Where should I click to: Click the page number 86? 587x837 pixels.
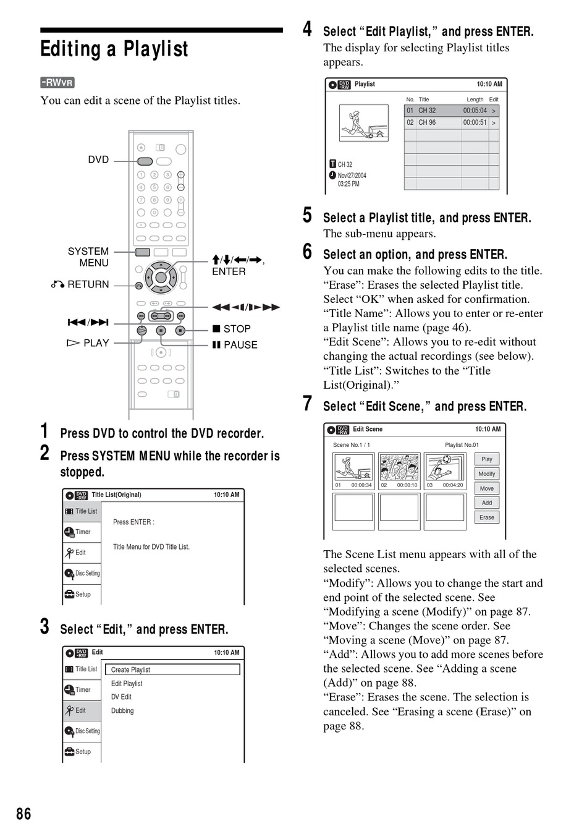(x=23, y=814)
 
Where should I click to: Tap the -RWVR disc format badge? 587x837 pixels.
(x=57, y=83)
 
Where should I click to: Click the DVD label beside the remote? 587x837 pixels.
(x=98, y=159)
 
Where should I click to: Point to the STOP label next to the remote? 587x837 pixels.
(x=237, y=329)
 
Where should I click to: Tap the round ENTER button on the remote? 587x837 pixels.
(x=161, y=278)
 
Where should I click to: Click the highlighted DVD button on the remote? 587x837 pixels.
(x=145, y=161)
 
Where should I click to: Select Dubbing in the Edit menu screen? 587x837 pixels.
(x=122, y=710)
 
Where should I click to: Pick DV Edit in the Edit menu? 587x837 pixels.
(x=121, y=697)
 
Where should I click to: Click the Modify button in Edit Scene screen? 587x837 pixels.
(x=486, y=474)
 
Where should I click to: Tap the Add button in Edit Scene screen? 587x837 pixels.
(x=486, y=503)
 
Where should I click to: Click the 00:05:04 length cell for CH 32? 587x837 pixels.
(x=475, y=111)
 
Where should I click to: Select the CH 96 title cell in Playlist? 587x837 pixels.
(x=438, y=122)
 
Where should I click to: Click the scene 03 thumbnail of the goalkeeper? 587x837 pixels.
(x=445, y=467)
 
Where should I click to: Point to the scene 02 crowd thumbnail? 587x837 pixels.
(x=399, y=467)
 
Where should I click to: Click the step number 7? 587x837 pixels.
(x=307, y=404)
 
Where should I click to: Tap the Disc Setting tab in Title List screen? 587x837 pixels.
(x=82, y=573)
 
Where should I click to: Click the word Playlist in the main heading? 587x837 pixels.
(x=156, y=49)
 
